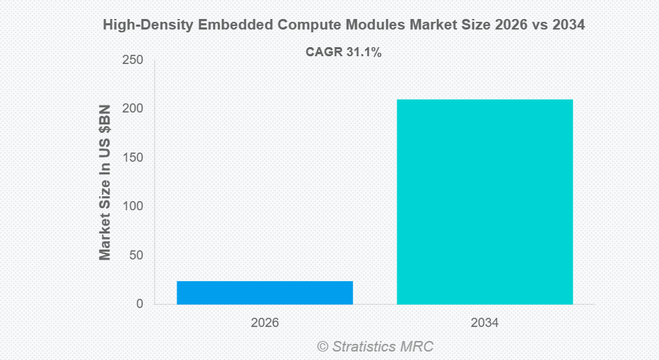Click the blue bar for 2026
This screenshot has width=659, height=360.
[264, 292]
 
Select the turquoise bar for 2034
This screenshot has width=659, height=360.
[485, 202]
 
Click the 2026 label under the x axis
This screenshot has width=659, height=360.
[264, 323]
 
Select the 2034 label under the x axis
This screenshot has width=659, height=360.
[485, 323]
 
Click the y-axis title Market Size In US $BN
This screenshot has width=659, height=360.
[105, 181]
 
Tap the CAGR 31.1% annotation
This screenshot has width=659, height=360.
[343, 51]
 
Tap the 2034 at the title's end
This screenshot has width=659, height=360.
[568, 25]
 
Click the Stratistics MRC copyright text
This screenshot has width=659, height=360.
[375, 346]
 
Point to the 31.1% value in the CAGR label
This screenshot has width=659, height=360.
[364, 51]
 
